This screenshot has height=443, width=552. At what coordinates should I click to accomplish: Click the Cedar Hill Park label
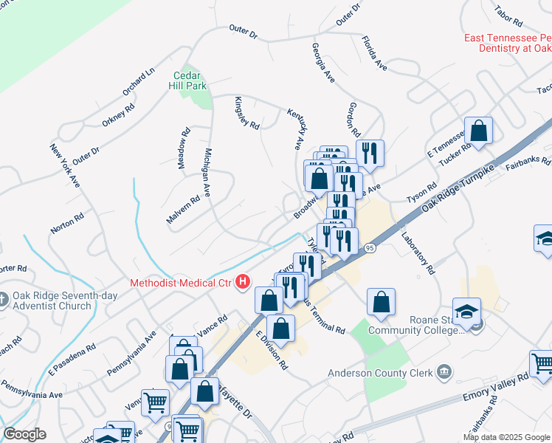[190, 80]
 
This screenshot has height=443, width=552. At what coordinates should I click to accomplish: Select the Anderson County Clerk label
[380, 373]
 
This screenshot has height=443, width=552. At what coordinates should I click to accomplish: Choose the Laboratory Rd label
[418, 252]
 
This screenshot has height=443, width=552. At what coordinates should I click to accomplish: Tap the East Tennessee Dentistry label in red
[508, 43]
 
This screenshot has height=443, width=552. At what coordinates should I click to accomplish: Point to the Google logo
[24, 434]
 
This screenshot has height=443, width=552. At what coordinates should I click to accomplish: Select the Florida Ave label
[374, 53]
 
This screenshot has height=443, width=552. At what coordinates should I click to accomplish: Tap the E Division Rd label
[270, 350]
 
